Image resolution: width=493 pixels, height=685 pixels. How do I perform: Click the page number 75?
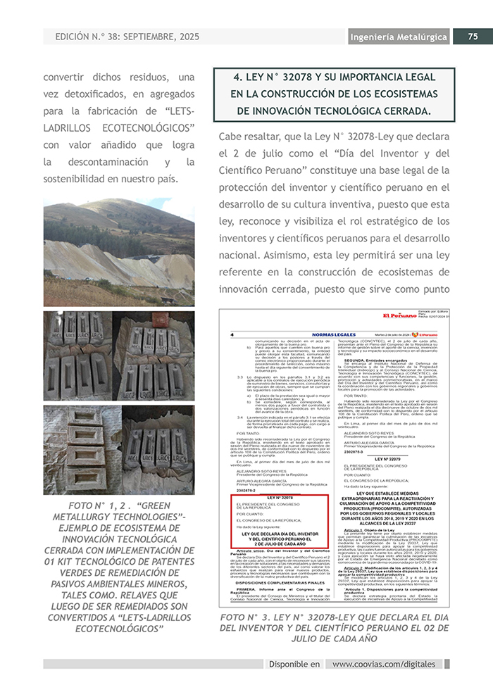[473, 37]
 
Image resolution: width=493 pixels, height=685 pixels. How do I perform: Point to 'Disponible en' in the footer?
[294, 664]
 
